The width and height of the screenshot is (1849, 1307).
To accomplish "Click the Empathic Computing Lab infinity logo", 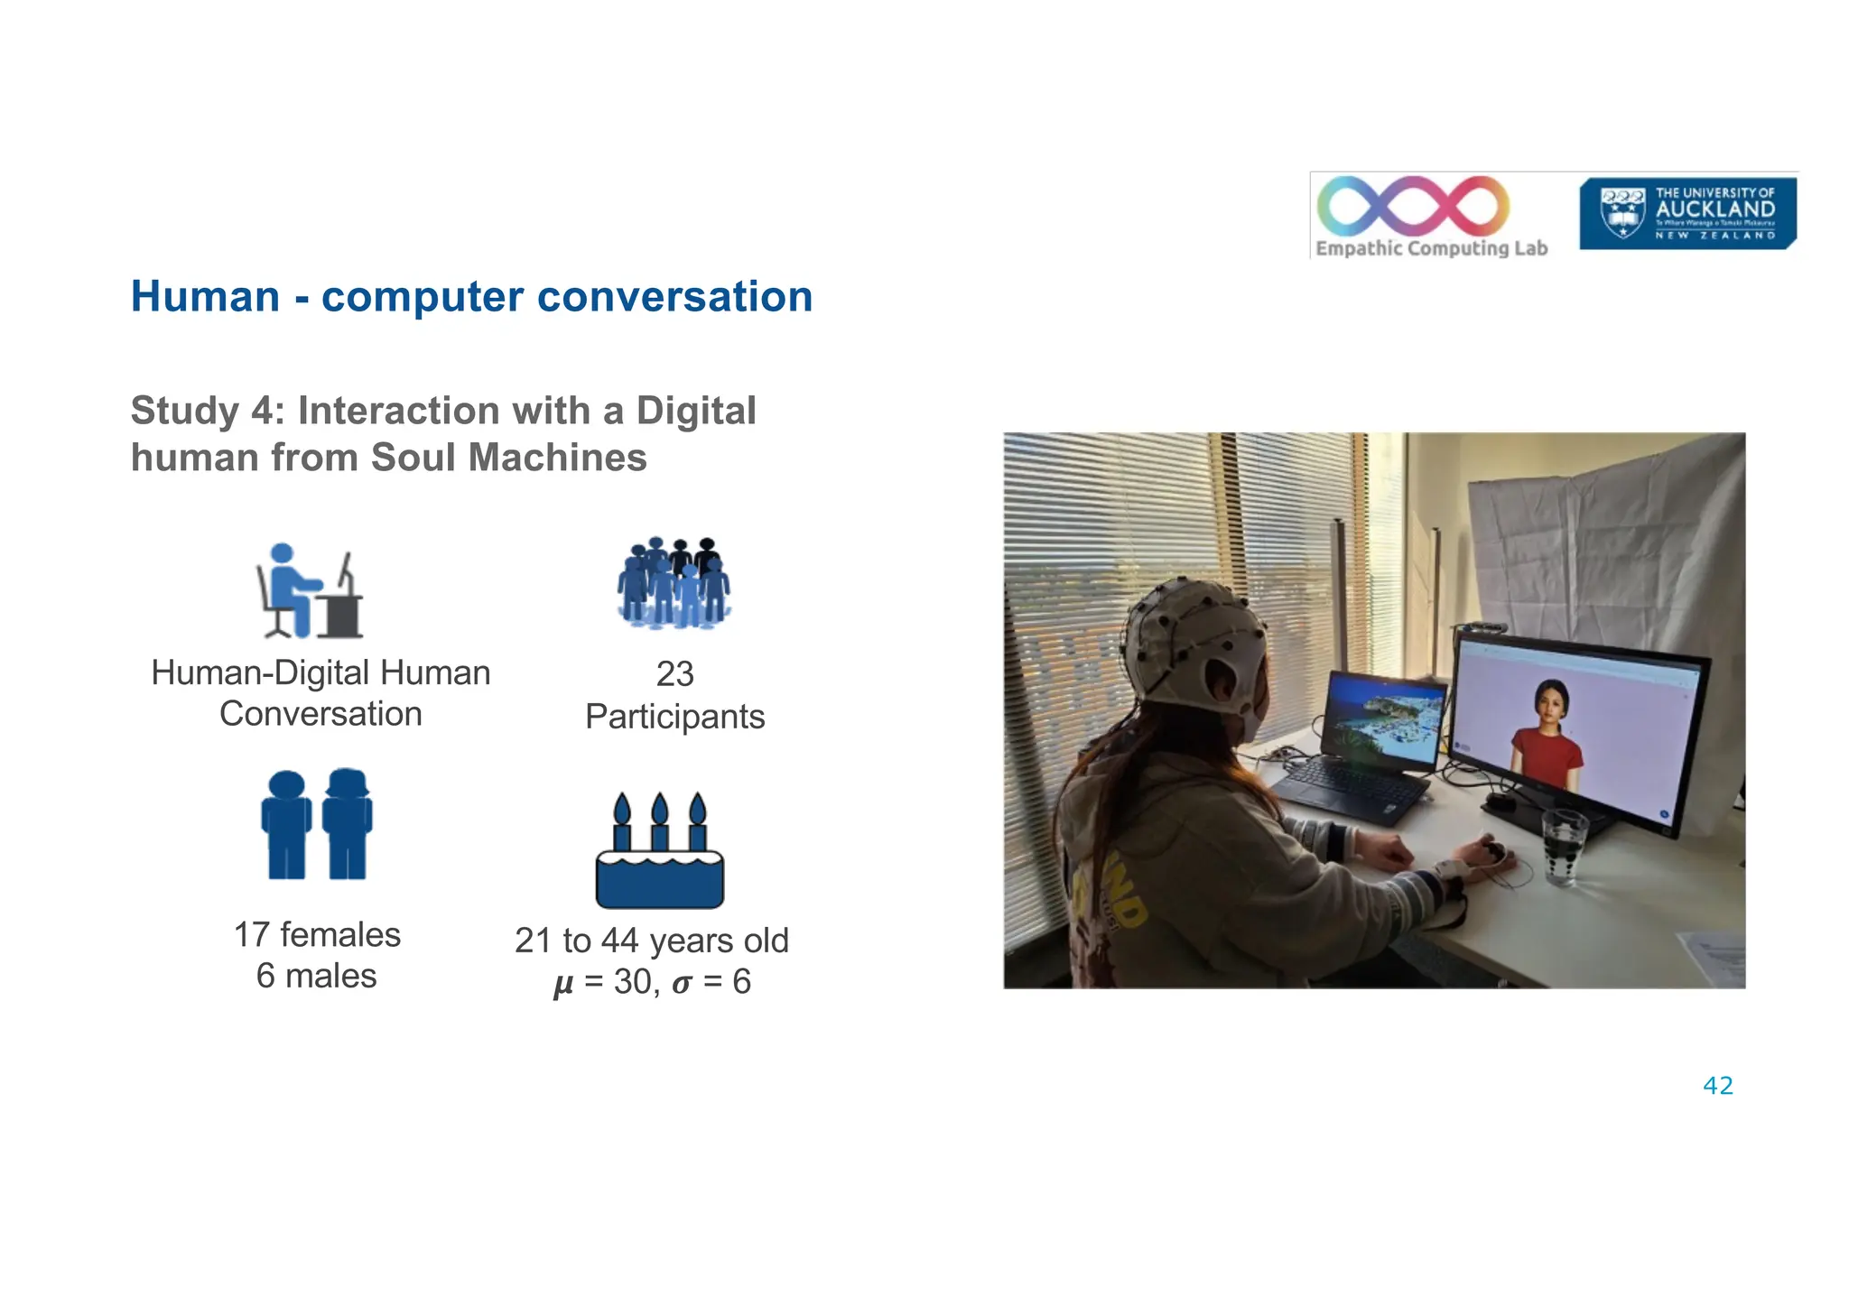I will [x=1413, y=205].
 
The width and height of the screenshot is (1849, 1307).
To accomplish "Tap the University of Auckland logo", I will [x=1686, y=214].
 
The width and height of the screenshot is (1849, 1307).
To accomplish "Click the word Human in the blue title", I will [x=206, y=297].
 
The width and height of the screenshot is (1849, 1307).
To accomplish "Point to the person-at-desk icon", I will [x=310, y=591].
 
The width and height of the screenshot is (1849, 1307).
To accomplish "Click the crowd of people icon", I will [x=674, y=583].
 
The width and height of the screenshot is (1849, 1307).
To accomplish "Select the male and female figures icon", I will [x=316, y=824].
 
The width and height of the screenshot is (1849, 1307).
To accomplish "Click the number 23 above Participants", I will [x=674, y=674].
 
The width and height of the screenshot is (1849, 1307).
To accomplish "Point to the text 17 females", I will [x=317, y=935].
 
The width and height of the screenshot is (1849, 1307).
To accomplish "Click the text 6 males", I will [x=316, y=976].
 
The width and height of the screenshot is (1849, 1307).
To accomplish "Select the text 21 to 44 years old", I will [x=651, y=941].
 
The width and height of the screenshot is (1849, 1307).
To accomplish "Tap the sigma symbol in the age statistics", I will [x=683, y=983].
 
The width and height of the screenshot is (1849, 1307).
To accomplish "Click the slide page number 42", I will [x=1717, y=1086].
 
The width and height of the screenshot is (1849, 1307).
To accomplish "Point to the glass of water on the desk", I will [x=1564, y=847].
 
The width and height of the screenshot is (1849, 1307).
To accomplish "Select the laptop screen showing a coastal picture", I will [x=1382, y=723].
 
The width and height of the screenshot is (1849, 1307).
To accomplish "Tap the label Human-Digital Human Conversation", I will [x=321, y=693].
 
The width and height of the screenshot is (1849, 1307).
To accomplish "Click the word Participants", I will [x=674, y=717].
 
